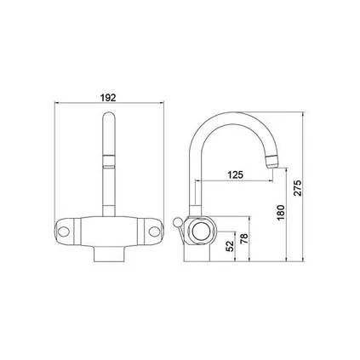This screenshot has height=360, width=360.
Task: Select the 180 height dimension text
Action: tap(282, 212)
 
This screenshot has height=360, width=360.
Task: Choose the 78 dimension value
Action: tap(247, 240)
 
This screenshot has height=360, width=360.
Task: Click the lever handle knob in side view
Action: tap(174, 223)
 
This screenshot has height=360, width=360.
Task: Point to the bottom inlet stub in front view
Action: tap(107, 252)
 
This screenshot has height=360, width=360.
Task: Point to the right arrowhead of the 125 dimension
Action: tap(268, 180)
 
